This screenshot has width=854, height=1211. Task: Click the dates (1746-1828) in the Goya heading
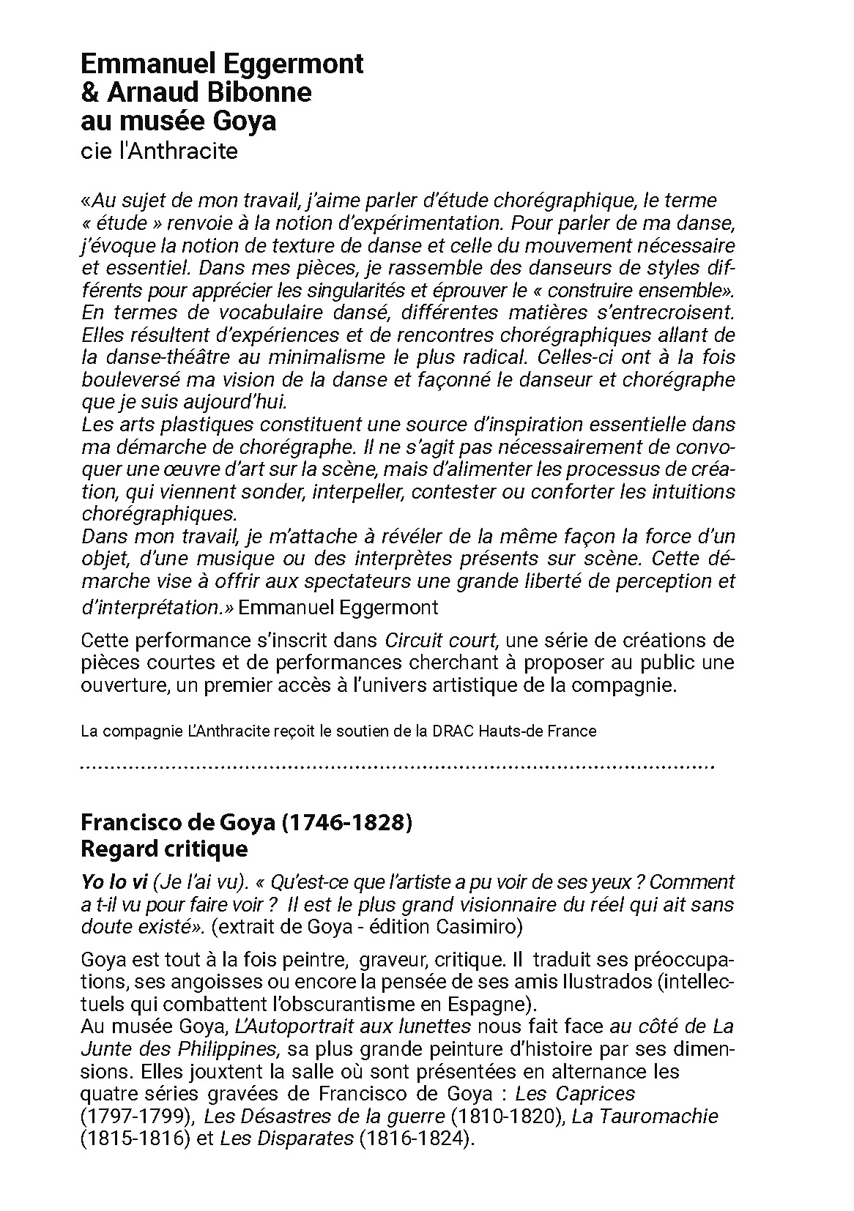point(347,822)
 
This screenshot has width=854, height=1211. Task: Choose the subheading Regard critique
point(164,849)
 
